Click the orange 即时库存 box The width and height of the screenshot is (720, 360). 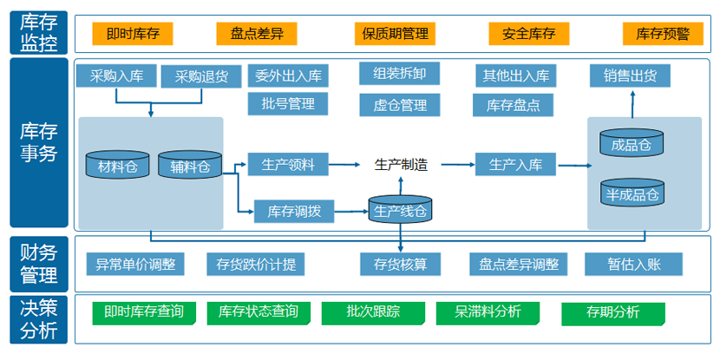(132, 34)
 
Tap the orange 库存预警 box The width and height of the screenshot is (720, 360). (663, 34)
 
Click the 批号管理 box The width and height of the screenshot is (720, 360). (288, 104)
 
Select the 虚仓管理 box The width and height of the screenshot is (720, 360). (400, 105)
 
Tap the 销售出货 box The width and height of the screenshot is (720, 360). (631, 75)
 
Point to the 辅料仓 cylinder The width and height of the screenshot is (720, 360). (189, 165)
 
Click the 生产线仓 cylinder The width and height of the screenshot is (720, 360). (400, 209)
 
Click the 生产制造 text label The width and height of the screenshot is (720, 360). (400, 164)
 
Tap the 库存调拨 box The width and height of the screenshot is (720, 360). (294, 210)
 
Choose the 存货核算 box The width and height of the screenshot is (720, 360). (400, 264)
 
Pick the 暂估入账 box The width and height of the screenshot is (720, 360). (633, 264)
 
